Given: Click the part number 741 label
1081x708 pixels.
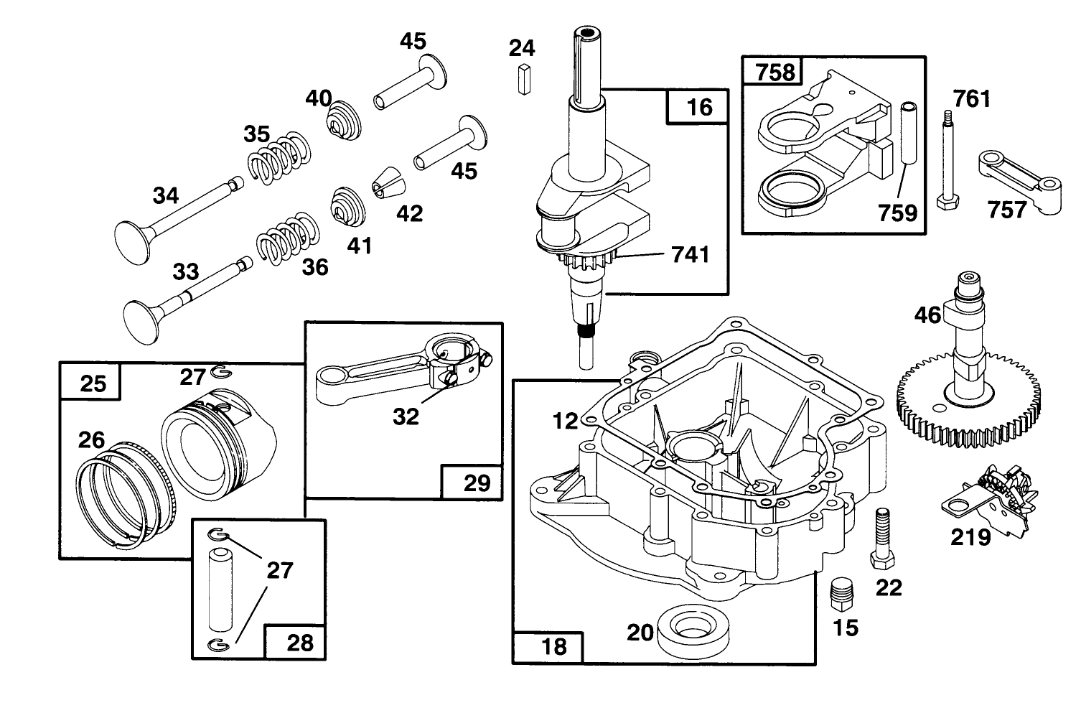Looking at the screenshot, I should [690, 254].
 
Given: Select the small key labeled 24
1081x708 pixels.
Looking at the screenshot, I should [522, 78].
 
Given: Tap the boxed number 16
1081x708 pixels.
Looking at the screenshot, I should [698, 107].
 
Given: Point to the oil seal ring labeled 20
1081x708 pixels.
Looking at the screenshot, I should [690, 630].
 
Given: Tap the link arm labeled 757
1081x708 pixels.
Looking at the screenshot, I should [1019, 184].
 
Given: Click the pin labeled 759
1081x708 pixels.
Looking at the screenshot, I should [909, 136].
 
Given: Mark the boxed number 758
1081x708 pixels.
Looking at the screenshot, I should [776, 73].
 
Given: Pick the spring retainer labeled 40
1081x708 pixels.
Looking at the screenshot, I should [347, 118].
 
